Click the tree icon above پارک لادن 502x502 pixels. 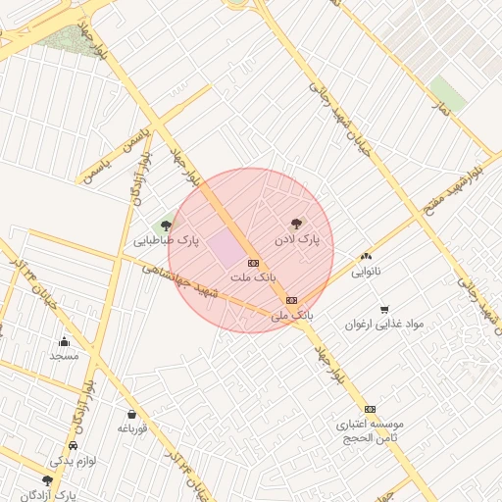click(297, 224)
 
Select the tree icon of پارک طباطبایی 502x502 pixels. click(166, 226)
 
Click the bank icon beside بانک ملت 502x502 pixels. click(253, 263)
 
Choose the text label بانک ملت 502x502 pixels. click(251, 277)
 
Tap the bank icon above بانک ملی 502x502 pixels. click(291, 300)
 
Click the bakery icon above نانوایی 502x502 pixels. click(367, 256)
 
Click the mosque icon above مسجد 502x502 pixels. click(64, 341)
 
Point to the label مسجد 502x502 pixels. click(64, 356)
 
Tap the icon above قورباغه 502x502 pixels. click(132, 414)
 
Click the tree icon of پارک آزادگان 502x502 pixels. click(48, 480)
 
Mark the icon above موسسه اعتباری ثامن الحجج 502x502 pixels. click(370, 409)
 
